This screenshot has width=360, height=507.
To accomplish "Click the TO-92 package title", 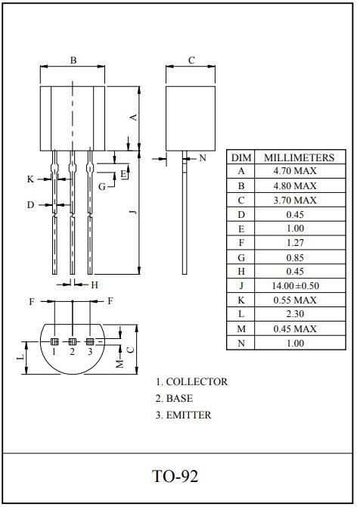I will pos(175,477).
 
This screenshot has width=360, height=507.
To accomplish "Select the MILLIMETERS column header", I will pos(298,157).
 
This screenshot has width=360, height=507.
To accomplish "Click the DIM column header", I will pos(241,157).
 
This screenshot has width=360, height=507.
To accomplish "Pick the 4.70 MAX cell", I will pos(295,172).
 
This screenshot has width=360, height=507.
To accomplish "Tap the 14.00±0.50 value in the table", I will pos(295,285).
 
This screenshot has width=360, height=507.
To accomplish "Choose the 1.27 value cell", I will pos(295,243).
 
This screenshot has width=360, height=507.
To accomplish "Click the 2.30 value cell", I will pos(295,314).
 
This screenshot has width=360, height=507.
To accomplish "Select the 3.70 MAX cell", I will pos(295,200).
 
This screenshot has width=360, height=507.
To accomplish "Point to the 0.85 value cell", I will pos(295,257).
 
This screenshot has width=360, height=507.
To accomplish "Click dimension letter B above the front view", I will pos(73,60).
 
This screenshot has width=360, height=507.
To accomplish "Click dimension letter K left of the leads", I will pos(30,179).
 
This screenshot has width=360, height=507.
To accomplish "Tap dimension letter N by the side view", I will pos(202,158).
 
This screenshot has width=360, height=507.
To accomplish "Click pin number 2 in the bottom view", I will pos(73,351).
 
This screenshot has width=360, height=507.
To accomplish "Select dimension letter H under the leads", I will pos(95,285).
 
